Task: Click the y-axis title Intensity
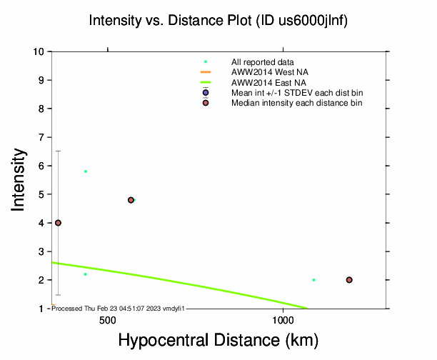click(19, 179)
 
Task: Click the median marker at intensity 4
click(58, 223)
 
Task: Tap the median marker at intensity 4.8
click(131, 200)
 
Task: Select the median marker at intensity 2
click(349, 280)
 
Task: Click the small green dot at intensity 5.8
click(86, 171)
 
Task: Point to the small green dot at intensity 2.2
click(86, 274)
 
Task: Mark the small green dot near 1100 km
click(313, 280)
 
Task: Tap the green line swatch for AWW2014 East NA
click(206, 83)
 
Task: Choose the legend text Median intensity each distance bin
click(296, 103)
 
